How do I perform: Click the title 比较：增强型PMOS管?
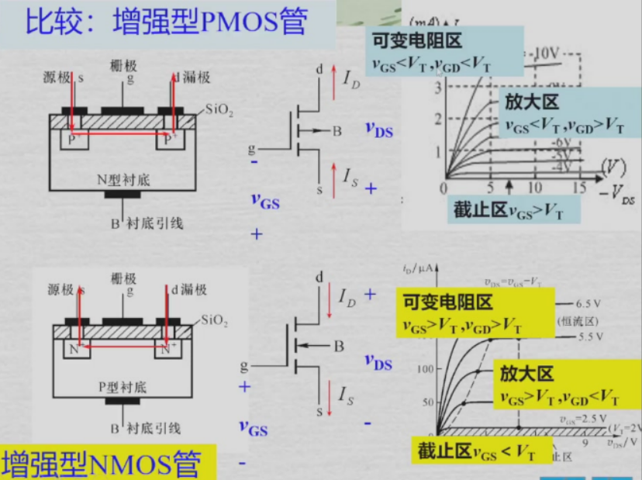[x=167, y=22]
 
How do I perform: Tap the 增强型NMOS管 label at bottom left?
[x=101, y=463]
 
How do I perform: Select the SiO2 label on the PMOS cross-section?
[x=219, y=112]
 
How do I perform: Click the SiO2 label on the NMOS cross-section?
[x=216, y=319]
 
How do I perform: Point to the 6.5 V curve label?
[x=594, y=303]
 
